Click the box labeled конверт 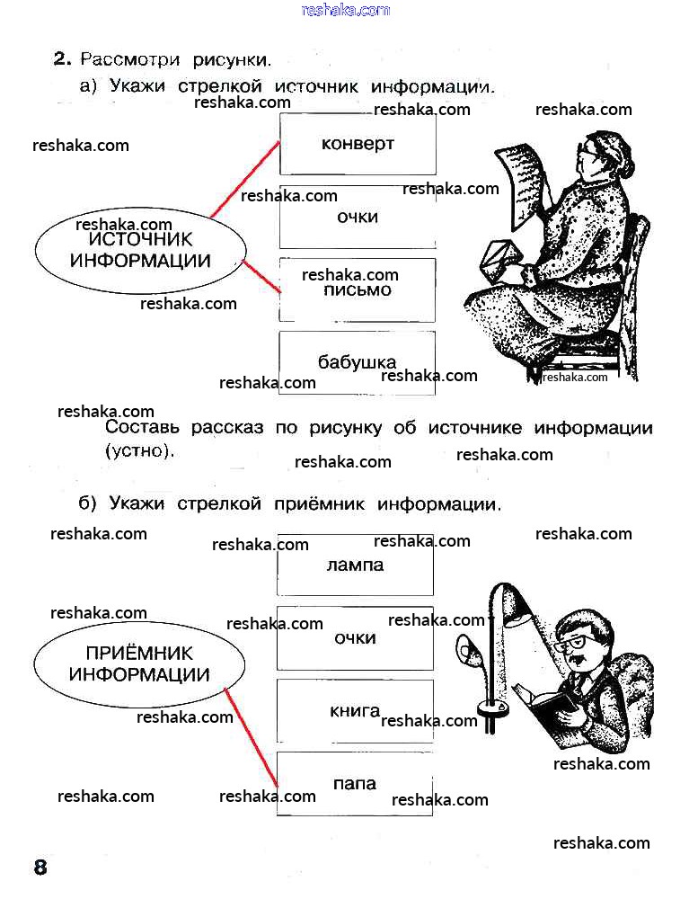click(x=358, y=144)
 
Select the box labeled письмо click(x=358, y=290)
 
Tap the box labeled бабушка click(x=358, y=362)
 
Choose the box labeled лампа click(x=355, y=565)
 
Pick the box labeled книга click(x=355, y=711)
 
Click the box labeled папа click(x=355, y=784)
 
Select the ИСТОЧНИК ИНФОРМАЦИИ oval click(x=140, y=251)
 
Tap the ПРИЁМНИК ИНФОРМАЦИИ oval click(x=139, y=664)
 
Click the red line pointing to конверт click(x=244, y=179)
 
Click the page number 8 click(x=40, y=868)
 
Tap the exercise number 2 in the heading click(x=60, y=59)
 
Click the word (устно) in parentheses click(x=139, y=450)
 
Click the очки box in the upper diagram click(x=358, y=217)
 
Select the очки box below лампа click(x=355, y=638)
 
